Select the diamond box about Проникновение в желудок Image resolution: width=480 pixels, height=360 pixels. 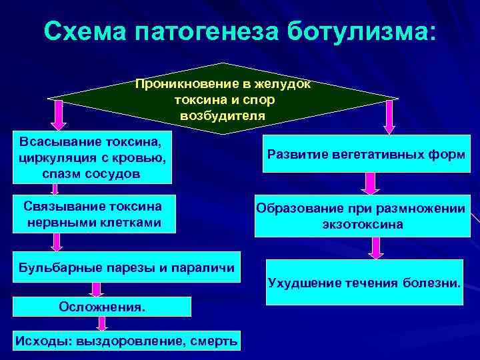(223, 100)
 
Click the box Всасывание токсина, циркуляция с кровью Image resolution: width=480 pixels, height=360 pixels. (91, 157)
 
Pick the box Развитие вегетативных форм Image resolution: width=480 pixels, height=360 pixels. (366, 154)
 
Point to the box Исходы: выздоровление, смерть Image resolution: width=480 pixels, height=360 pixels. (126, 341)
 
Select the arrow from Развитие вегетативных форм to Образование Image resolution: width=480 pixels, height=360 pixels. (368, 183)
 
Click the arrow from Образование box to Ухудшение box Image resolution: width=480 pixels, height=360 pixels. (376, 247)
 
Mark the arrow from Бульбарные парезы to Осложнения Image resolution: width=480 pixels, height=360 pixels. (97, 288)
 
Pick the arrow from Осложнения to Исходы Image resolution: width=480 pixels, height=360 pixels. (102, 323)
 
